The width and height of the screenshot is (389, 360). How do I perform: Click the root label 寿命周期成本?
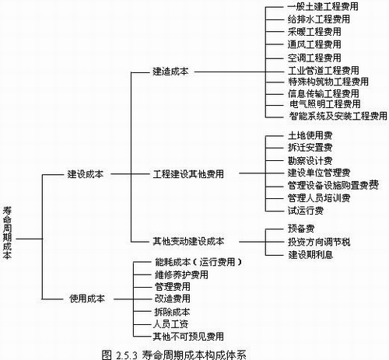tap(7, 232)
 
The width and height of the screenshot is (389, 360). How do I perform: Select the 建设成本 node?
tap(86, 174)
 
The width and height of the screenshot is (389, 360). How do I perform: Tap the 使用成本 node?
tap(87, 299)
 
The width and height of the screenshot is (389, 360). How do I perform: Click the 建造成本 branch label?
tap(170, 72)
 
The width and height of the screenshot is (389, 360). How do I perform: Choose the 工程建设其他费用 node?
tap(188, 174)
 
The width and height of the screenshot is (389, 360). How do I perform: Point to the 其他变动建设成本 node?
tap(188, 241)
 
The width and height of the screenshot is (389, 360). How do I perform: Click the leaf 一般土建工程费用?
tap(323, 6)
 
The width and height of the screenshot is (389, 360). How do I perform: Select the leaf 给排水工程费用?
tap(319, 19)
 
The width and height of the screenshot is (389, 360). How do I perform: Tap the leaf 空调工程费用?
tap(314, 58)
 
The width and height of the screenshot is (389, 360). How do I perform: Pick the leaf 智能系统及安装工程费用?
tap(338, 116)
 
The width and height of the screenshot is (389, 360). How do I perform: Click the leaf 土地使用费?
tap(310, 135)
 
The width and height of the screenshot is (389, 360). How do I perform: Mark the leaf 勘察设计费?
tap(310, 160)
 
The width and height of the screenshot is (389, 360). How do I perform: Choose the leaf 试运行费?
tap(306, 211)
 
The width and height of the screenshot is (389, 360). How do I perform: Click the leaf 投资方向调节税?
tap(319, 242)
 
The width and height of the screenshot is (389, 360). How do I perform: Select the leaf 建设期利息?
tap(310, 254)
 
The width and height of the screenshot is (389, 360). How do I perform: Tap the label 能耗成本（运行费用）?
tap(198, 262)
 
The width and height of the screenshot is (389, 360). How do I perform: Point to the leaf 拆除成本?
tap(172, 312)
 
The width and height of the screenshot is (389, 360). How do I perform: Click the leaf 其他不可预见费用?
tap(188, 337)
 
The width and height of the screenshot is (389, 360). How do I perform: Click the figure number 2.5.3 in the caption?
tap(127, 355)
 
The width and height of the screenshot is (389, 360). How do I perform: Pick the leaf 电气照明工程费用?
tap(325, 104)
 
